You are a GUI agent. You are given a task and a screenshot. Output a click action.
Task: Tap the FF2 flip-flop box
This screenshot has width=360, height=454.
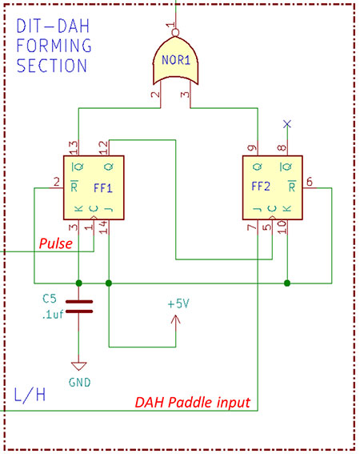point(272,187)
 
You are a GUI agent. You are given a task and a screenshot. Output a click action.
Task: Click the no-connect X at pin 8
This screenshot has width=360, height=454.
point(287,124)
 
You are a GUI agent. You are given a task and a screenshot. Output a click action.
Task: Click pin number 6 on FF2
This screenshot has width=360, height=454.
point(309,181)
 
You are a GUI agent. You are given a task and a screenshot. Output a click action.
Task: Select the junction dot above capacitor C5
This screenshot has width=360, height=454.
point(78,282)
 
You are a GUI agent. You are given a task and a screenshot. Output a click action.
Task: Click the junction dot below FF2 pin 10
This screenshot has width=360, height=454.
point(287,282)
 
